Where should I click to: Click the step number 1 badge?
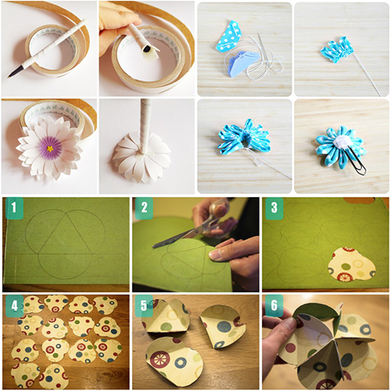pos(15,208)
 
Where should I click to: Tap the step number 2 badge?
pos(144,208)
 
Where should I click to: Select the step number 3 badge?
pos(274,208)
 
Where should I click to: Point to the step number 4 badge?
pos(15,305)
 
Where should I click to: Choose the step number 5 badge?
pos(144,305)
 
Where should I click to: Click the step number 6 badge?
pos(274,305)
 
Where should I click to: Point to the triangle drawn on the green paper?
pos(67,233)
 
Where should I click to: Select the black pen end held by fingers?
pos(147,48)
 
